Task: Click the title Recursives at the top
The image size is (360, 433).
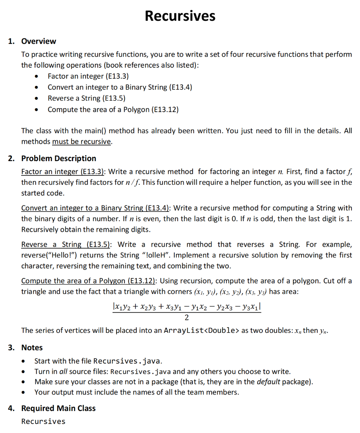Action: [x=180, y=16]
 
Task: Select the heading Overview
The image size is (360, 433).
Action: [x=38, y=41]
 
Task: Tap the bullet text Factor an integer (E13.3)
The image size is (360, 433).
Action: [x=88, y=76]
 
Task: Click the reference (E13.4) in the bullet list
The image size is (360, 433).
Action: [x=180, y=87]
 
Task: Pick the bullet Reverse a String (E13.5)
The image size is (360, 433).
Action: [x=86, y=98]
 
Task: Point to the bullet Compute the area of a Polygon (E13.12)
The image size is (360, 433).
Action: [x=113, y=110]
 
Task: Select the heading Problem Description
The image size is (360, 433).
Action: [x=59, y=159]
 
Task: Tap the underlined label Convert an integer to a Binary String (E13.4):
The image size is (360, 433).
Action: [x=96, y=208]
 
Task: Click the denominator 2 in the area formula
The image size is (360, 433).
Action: [x=187, y=318]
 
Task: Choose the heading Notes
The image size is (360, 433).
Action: [x=32, y=348]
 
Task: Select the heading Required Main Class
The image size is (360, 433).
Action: [x=58, y=408]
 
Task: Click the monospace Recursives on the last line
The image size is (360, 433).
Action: [x=44, y=422]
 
